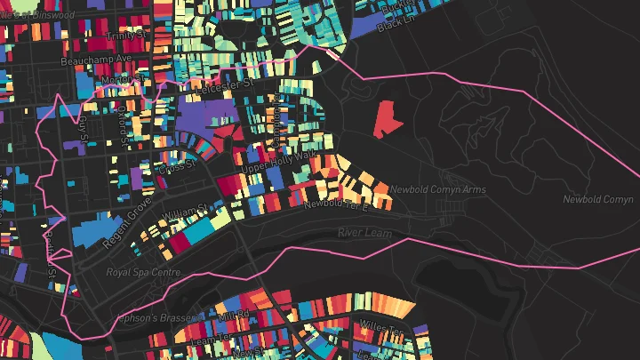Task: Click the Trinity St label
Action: click(127, 36)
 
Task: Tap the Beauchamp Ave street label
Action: click(95, 61)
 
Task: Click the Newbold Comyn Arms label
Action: click(436, 189)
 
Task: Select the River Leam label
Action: click(364, 232)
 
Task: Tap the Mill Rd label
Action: click(234, 315)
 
